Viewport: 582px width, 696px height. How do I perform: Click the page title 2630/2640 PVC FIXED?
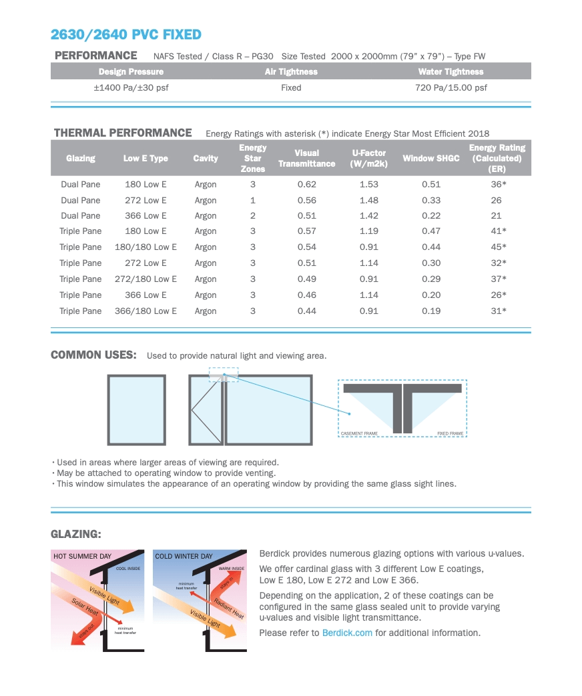(x=126, y=35)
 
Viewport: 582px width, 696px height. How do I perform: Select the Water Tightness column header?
(x=451, y=72)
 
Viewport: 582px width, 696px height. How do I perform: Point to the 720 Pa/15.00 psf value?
(x=451, y=88)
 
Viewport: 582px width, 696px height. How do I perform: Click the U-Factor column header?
(x=368, y=159)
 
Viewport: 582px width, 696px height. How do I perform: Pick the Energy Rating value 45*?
(x=499, y=247)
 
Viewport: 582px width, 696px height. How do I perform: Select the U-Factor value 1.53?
(x=368, y=184)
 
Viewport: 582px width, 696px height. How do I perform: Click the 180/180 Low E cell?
(x=145, y=247)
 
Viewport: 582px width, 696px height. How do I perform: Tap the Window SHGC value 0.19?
(x=431, y=311)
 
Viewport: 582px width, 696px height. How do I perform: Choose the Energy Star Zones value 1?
(x=253, y=201)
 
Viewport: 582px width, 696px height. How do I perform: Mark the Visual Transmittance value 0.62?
(x=307, y=184)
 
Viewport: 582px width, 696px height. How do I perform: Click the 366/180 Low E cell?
(x=145, y=311)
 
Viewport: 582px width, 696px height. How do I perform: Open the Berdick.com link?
(x=347, y=633)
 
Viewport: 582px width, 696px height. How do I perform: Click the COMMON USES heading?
(x=94, y=355)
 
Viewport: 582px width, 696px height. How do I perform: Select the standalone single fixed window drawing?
(x=137, y=410)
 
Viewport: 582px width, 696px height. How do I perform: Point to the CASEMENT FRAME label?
(x=359, y=434)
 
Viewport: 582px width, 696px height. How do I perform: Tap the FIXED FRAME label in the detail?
(x=450, y=434)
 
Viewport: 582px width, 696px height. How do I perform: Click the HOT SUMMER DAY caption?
(x=83, y=556)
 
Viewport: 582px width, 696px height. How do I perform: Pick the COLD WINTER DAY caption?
(x=184, y=556)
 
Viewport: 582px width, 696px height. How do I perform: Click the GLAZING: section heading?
(x=76, y=534)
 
